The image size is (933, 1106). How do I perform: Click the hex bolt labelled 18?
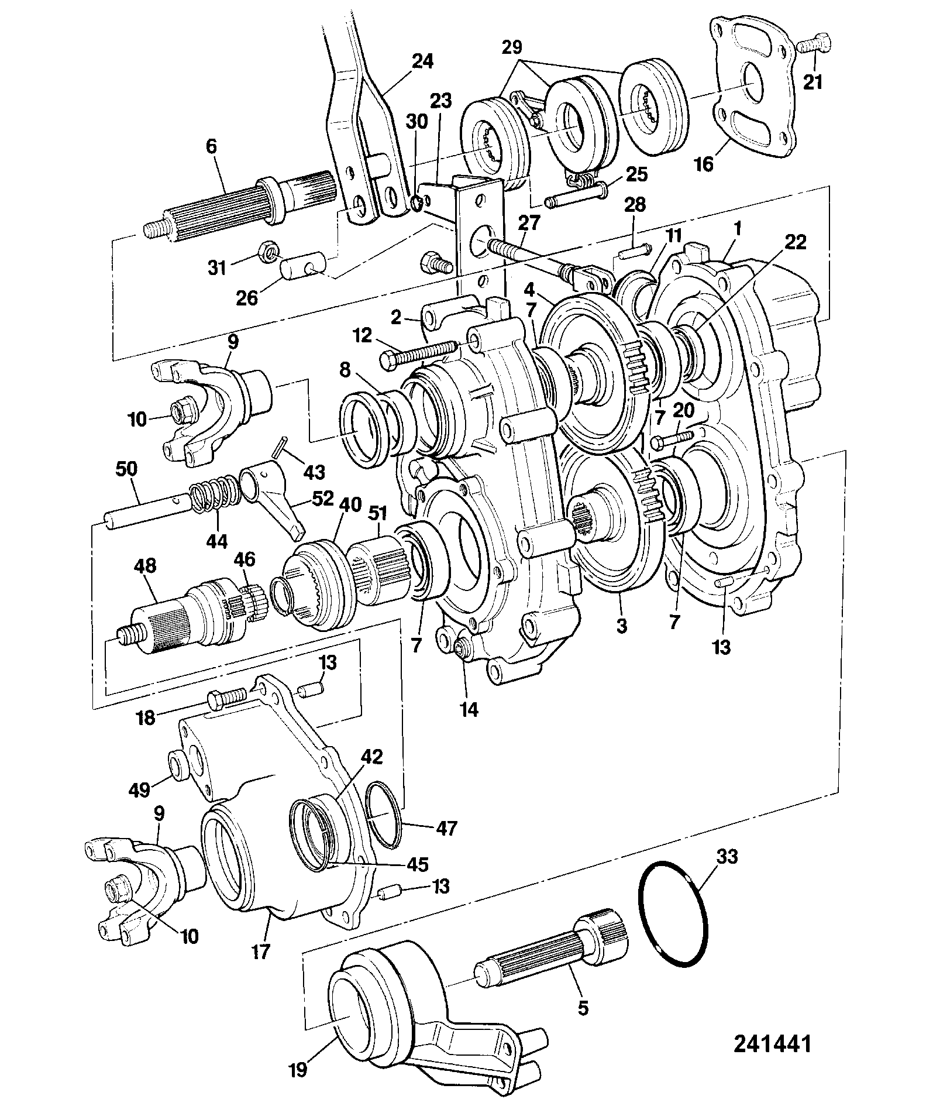click(230, 698)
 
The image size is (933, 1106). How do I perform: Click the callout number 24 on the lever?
click(422, 62)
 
